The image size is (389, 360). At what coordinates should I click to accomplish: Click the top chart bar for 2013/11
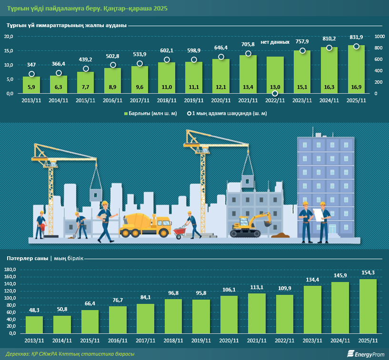coord(31,85)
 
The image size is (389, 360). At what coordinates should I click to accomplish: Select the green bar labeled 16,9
coord(356,69)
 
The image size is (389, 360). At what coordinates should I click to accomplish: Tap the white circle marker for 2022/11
coord(275,94)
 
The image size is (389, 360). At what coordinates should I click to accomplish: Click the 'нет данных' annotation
coord(275,42)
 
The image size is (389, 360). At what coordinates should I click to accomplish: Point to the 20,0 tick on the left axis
coord(9,37)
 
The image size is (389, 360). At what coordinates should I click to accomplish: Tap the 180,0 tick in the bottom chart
coord(10,270)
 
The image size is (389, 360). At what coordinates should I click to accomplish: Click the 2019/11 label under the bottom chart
coord(200,341)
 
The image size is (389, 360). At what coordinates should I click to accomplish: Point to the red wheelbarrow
coord(180,232)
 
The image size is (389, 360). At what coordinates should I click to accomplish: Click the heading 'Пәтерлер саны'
coord(28,258)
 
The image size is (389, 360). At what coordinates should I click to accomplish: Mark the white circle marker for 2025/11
coord(356,46)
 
